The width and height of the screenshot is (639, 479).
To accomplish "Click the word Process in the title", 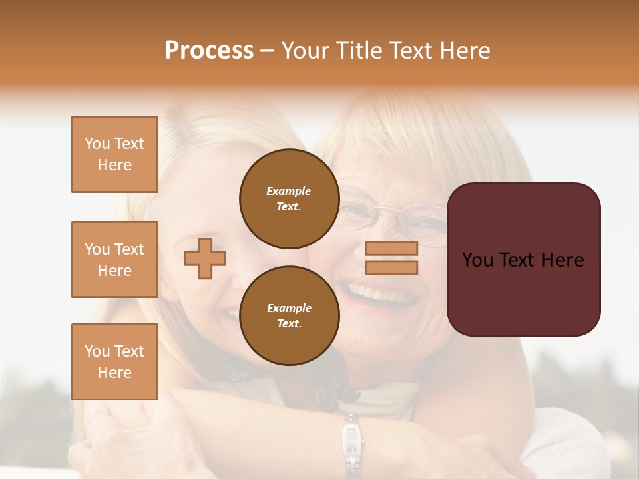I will [x=209, y=51].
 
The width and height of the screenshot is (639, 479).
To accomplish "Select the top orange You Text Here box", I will [x=114, y=154].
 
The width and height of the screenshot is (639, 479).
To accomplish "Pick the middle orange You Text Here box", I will [x=114, y=259].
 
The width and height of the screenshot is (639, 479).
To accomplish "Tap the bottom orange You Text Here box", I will [x=114, y=361].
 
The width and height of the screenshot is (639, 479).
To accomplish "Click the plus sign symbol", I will [x=205, y=258].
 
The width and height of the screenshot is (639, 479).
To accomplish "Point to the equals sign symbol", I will [x=391, y=258].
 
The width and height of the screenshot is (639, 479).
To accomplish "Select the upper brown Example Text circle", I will [x=289, y=198].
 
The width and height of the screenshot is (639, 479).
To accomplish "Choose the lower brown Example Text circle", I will [x=289, y=315].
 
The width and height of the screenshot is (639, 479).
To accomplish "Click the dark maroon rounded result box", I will [x=523, y=259].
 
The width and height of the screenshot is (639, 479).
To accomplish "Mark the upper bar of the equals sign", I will [x=391, y=249].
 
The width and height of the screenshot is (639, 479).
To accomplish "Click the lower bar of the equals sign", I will [x=391, y=267].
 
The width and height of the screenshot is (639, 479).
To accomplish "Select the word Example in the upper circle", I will [x=289, y=191].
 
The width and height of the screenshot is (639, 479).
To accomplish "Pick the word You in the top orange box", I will [x=97, y=144].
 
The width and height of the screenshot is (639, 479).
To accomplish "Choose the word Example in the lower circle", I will [x=289, y=308].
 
